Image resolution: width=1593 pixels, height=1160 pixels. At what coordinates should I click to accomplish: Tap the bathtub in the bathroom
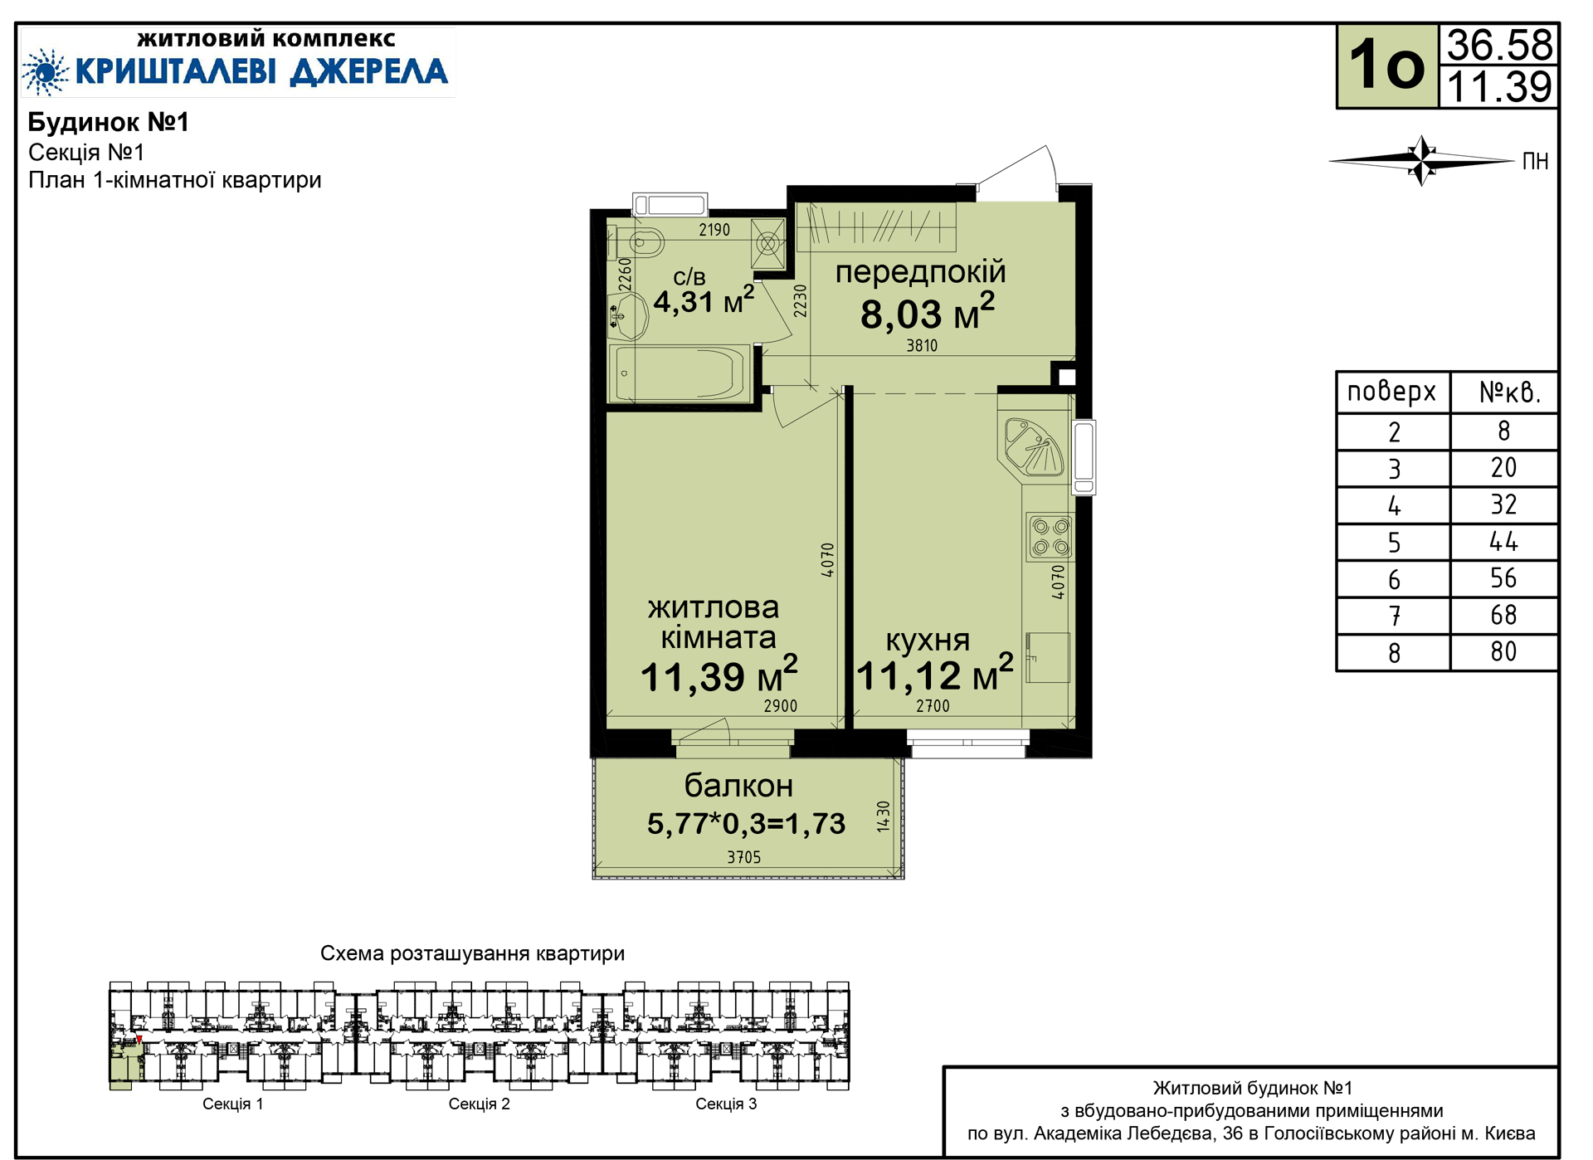(680, 373)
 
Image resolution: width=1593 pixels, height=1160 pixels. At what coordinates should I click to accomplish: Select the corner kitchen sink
(1034, 446)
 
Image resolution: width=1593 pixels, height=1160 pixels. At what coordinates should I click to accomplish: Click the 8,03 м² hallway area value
(927, 313)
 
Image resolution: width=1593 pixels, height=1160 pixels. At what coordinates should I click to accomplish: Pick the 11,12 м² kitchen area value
(934, 674)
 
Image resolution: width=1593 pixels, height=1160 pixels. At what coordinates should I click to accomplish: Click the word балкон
(738, 785)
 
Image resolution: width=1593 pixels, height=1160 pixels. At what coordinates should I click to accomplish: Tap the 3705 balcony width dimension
(743, 857)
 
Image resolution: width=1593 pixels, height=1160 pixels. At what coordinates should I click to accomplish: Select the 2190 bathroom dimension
(714, 230)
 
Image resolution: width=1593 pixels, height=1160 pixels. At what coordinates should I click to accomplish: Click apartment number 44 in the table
(1503, 542)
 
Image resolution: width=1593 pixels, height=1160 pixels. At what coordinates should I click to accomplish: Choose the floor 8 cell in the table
(1394, 653)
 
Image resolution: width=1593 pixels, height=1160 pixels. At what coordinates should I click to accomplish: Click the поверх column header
(1391, 392)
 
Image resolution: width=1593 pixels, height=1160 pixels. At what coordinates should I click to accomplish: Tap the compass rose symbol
(1422, 160)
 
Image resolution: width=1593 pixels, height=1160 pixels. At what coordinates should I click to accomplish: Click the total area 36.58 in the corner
(1499, 45)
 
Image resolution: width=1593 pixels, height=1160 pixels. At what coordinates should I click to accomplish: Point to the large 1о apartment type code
(1386, 65)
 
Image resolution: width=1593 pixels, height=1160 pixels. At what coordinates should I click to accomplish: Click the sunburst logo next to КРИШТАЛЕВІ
(46, 72)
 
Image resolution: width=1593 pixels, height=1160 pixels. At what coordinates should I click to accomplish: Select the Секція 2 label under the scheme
(479, 1104)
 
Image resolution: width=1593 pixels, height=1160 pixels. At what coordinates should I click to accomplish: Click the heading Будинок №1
(109, 122)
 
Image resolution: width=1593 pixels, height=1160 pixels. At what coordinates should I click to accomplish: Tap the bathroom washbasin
(627, 316)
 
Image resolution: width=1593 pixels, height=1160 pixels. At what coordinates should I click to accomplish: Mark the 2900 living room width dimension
(780, 706)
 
